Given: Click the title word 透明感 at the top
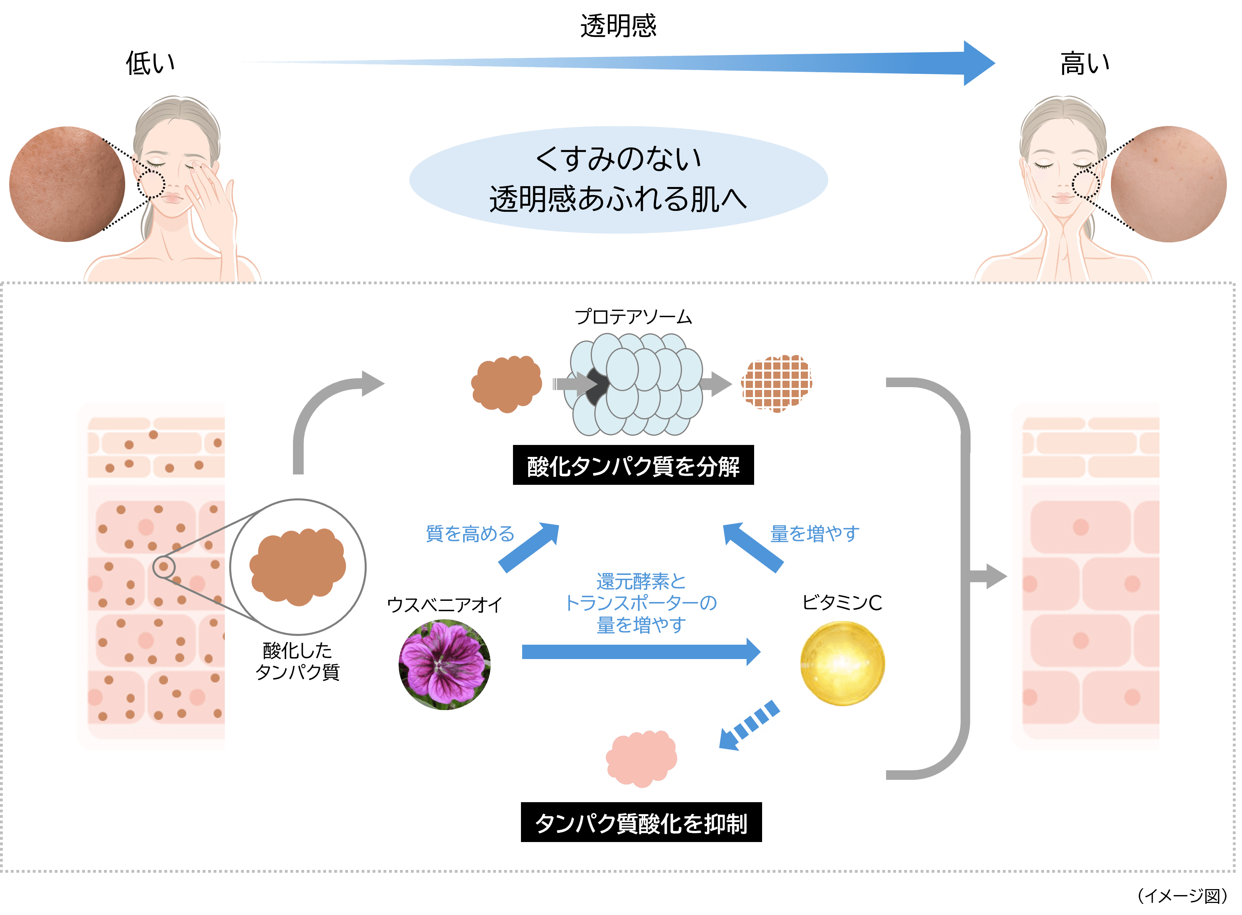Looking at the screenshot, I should [x=618, y=26].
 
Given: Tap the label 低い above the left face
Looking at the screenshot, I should [x=150, y=63].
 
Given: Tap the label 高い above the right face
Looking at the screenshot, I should [x=1084, y=63].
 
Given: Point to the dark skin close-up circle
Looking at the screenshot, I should [x=67, y=184].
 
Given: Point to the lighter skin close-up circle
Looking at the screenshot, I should [x=1168, y=184].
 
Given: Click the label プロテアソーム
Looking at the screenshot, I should [x=633, y=317].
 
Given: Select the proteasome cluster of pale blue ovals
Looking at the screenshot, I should [x=637, y=384].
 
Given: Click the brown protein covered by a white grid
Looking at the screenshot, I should [x=776, y=384].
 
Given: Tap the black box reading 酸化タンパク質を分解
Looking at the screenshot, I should [x=633, y=465].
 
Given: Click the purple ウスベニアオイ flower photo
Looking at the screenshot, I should [x=445, y=664].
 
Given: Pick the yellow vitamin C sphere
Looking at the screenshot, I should [x=842, y=663].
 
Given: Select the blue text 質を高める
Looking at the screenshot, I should [x=470, y=533].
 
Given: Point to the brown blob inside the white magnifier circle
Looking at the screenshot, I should [x=298, y=567].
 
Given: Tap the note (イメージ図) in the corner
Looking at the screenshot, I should [x=1182, y=895].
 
